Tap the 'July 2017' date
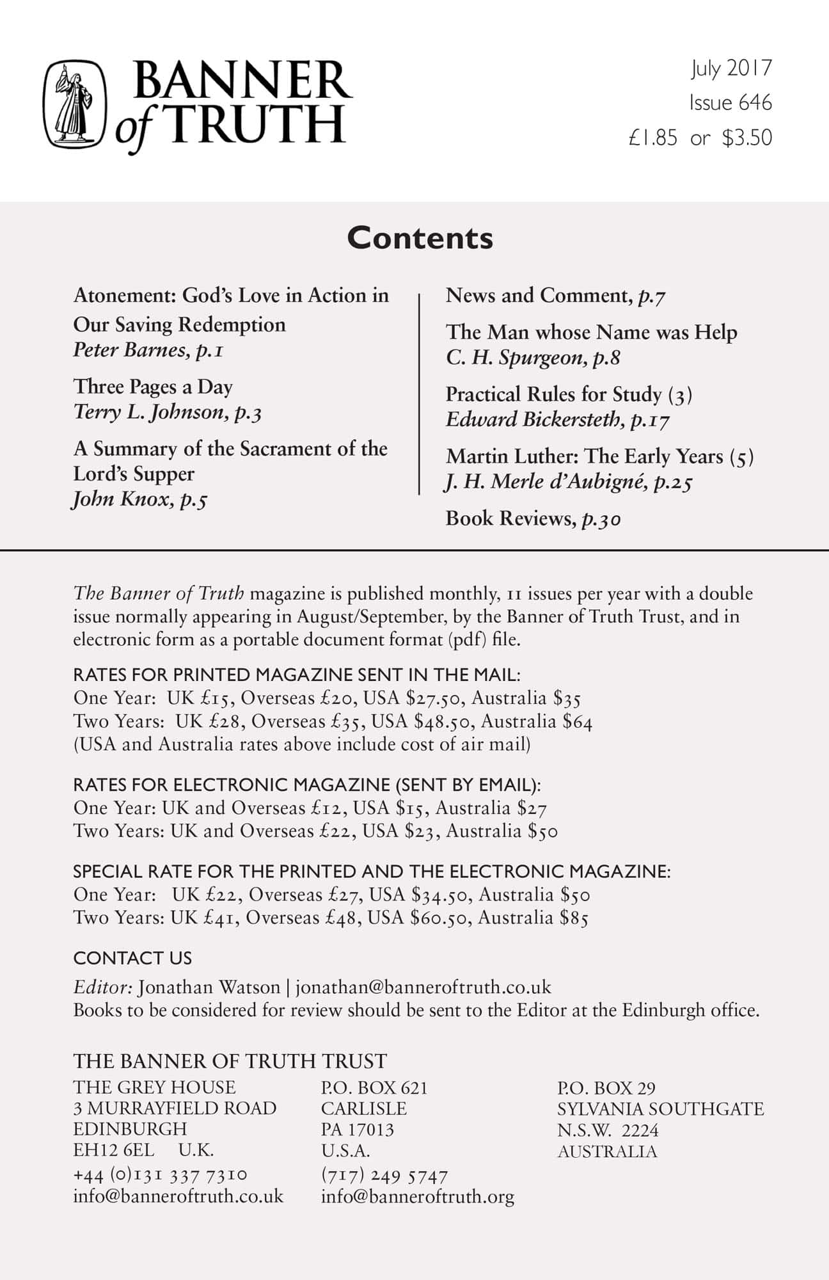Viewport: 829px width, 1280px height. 731,68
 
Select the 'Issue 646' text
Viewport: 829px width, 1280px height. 730,102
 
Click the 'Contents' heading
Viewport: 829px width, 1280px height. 420,238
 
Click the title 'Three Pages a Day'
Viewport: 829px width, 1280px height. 153,387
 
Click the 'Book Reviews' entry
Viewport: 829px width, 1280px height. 509,518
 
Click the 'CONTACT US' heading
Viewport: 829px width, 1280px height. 132,958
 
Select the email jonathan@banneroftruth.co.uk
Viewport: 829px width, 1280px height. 423,987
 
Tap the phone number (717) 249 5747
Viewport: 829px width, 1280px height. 384,1175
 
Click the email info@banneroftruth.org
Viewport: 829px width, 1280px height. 417,1196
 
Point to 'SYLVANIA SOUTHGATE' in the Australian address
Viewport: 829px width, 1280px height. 660,1108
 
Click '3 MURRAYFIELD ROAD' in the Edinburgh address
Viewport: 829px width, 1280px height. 175,1108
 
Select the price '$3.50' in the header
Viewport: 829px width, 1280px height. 746,138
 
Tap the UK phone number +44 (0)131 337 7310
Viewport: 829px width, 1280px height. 160,1174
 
